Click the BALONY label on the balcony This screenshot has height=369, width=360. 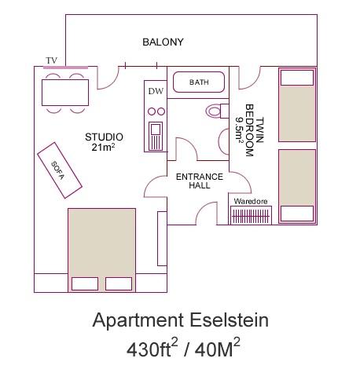(x=163, y=42)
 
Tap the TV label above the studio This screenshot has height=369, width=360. (x=51, y=60)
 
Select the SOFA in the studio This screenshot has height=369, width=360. (x=60, y=170)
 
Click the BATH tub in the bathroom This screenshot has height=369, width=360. (x=199, y=82)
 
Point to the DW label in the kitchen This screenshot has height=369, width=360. (x=156, y=91)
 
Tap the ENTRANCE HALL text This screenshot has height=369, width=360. (x=200, y=181)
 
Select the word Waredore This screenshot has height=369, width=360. (x=251, y=201)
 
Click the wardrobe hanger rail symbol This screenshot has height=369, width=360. (x=251, y=216)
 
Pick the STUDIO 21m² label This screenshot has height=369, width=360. (x=104, y=142)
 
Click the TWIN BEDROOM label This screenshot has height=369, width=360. (x=250, y=130)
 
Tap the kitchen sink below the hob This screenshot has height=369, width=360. (x=156, y=136)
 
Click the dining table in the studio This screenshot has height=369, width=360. (x=65, y=93)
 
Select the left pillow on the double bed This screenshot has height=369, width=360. (x=85, y=283)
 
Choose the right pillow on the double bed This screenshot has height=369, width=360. (x=119, y=283)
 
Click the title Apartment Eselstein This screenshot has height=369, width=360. (x=180, y=320)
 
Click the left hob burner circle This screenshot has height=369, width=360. (x=152, y=111)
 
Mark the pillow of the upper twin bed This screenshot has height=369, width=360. (x=297, y=78)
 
